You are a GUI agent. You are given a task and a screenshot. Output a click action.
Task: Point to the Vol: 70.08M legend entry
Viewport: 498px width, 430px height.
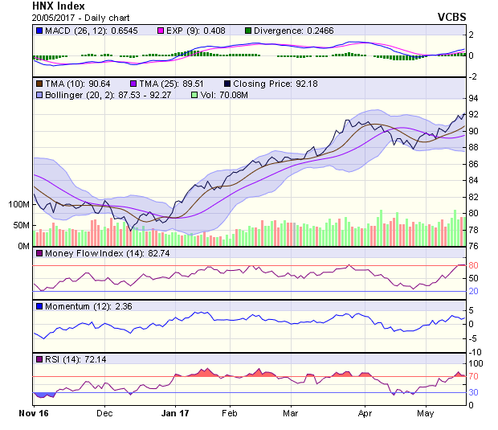231,95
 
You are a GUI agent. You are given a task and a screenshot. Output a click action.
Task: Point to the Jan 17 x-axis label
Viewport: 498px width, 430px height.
175,412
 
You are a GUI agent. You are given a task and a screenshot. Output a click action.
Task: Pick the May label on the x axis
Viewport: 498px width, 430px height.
425,412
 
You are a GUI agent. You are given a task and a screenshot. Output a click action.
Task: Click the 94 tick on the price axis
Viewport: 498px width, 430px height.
474,98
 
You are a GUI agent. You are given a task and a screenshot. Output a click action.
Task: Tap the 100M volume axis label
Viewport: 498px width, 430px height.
18,204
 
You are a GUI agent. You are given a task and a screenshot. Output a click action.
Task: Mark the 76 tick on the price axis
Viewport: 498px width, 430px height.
474,247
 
